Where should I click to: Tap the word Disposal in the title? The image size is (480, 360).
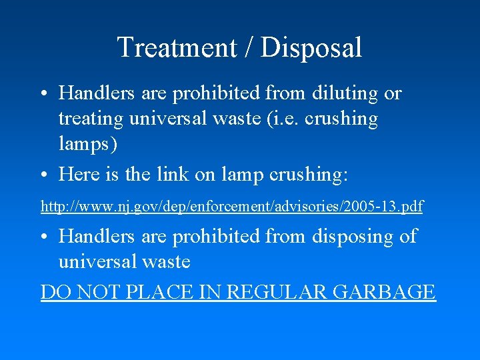click(311, 48)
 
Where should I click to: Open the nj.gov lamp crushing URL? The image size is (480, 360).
click(231, 207)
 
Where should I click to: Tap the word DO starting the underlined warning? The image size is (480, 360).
click(54, 292)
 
